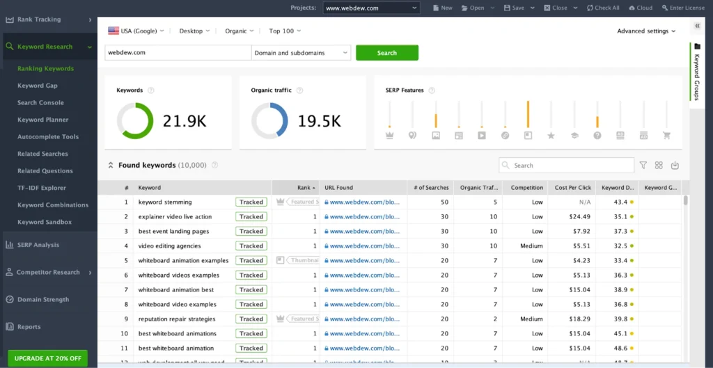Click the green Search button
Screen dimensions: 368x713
click(387, 53)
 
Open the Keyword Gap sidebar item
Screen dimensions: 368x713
click(38, 86)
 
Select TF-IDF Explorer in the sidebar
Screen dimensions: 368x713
click(42, 188)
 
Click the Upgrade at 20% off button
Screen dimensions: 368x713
click(48, 358)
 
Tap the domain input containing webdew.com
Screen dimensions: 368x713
click(177, 53)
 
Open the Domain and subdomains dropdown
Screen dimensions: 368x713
click(301, 53)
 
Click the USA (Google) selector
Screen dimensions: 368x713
click(136, 31)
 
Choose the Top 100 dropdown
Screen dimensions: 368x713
click(285, 31)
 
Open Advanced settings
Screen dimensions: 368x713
click(646, 31)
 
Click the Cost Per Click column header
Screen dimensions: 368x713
click(572, 188)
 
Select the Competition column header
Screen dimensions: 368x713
click(527, 188)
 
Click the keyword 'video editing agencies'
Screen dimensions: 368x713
click(169, 246)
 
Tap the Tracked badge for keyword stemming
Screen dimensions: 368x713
click(251, 202)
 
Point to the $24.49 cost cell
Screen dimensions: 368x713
click(579, 217)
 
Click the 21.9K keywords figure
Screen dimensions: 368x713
click(185, 121)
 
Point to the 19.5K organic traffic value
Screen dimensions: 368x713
click(320, 121)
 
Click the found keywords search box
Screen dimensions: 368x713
click(567, 166)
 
